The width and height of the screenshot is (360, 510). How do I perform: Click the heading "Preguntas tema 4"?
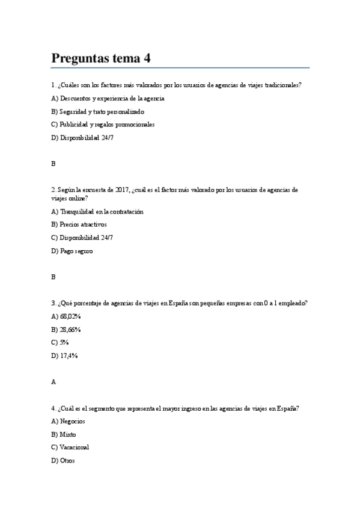point(101,58)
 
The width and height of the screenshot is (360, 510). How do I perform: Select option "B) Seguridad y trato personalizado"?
point(97,111)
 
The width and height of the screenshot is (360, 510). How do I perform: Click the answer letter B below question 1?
point(53,164)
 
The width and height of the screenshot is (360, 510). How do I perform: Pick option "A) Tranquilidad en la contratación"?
point(97,211)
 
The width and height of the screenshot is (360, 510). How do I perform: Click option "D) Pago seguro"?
point(72,251)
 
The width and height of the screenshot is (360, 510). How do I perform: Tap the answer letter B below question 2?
point(53,277)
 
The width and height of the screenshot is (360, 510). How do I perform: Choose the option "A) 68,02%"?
point(66,316)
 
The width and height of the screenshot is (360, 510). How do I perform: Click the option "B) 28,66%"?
point(66,330)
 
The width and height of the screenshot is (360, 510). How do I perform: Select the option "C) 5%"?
point(61,342)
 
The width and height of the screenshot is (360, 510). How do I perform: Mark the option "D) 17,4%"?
point(65,355)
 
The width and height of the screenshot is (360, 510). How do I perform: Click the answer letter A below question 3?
point(53,382)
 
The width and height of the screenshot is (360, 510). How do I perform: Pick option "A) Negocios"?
point(69,421)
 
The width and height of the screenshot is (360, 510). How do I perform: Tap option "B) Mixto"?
point(64,434)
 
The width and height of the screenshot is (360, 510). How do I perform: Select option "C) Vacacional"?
point(70,447)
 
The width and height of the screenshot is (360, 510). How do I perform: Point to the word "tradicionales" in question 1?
point(280,85)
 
